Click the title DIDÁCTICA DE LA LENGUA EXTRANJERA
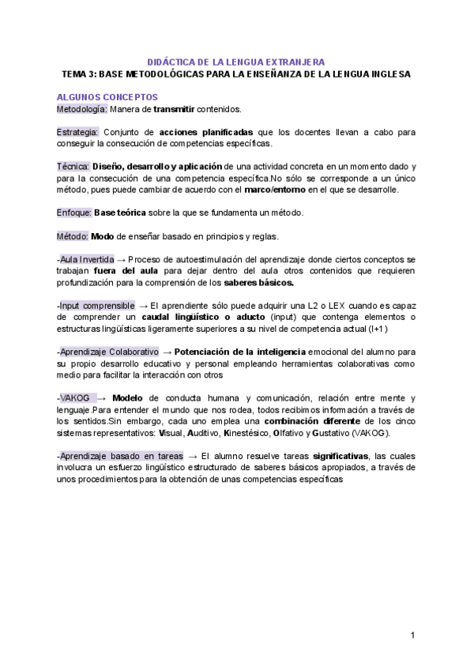236,62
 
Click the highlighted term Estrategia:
78,132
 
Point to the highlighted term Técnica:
73,167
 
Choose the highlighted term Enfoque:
75,213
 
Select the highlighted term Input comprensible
97,305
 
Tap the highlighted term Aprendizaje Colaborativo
108,352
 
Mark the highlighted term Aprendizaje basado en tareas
118,456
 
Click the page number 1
412,635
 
